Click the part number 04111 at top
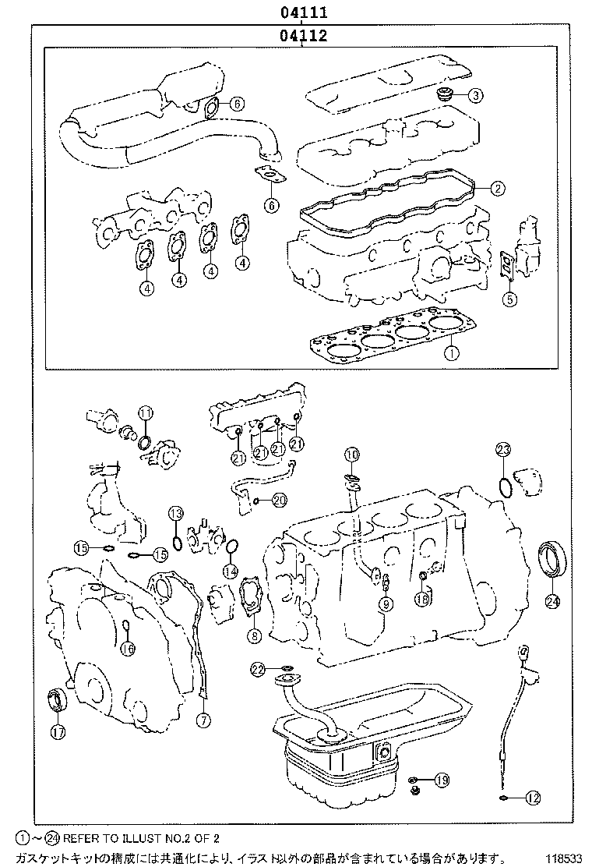coord(303,12)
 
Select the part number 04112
coord(303,35)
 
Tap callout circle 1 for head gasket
coord(450,352)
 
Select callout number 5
coord(509,297)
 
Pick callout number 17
coord(58,731)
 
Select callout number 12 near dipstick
coord(533,798)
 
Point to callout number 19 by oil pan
coord(442,780)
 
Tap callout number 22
coord(259,669)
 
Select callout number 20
coord(278,499)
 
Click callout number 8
coord(253,635)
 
